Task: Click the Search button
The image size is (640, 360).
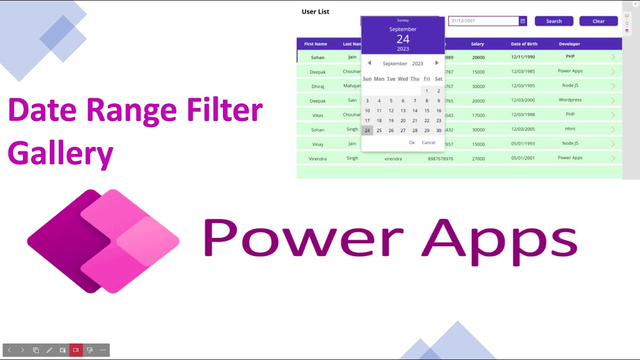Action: coord(553,21)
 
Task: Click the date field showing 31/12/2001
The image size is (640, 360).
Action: coord(483,21)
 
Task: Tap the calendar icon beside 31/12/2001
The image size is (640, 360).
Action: coord(522,21)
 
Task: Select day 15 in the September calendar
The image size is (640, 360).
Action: coord(426,110)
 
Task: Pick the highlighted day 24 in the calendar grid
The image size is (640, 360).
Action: coord(367,130)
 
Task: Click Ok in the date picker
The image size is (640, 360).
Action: coord(411,142)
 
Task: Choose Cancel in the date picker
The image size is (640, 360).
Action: coord(428,142)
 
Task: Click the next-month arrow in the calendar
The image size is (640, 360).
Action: coord(436,63)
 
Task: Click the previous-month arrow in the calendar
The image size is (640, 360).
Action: coord(369,63)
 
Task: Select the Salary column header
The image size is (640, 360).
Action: coord(477,44)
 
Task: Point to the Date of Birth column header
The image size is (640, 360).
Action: coord(524,44)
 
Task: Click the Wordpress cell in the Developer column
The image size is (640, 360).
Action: coord(570,100)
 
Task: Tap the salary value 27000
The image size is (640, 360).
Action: coord(478,159)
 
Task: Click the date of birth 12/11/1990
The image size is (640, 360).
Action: coord(523,57)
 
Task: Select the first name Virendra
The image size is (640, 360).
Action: coord(317,159)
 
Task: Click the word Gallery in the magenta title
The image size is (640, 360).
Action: coord(60,154)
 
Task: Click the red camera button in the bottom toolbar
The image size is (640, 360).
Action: coord(76,350)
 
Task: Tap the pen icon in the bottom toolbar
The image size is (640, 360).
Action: coord(49,350)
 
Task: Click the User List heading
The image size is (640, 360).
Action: coord(315,11)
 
